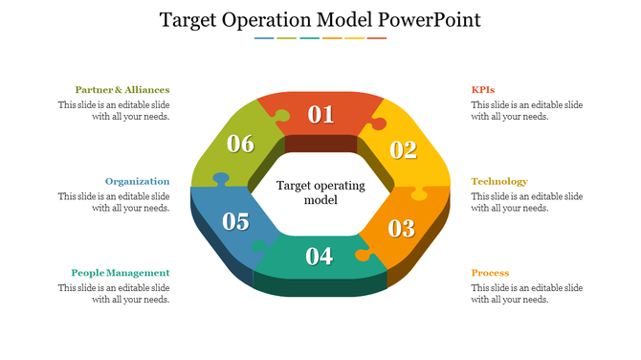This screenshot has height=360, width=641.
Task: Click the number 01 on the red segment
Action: click(x=320, y=116)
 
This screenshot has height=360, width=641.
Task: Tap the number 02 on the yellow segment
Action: click(x=404, y=149)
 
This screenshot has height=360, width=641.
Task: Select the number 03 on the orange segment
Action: click(x=401, y=229)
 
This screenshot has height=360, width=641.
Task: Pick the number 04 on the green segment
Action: click(x=319, y=257)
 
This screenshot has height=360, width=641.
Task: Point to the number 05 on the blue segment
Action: click(x=235, y=222)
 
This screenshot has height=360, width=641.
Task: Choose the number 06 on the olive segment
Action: click(x=240, y=145)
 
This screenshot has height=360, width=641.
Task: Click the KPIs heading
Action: click(x=483, y=90)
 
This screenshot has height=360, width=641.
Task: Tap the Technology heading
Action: click(x=499, y=181)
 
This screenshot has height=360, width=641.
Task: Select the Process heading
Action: click(x=490, y=273)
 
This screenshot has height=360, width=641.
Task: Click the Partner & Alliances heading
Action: click(x=122, y=90)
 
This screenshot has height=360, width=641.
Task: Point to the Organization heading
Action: click(x=138, y=181)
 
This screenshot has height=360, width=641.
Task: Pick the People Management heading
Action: click(x=121, y=273)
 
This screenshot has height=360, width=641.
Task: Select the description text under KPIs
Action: click(x=526, y=111)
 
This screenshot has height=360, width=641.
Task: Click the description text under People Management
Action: click(x=114, y=294)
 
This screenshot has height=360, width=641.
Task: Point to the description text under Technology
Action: click(x=526, y=202)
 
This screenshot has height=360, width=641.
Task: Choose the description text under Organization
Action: click(x=114, y=202)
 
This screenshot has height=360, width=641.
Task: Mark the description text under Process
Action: click(x=526, y=294)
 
